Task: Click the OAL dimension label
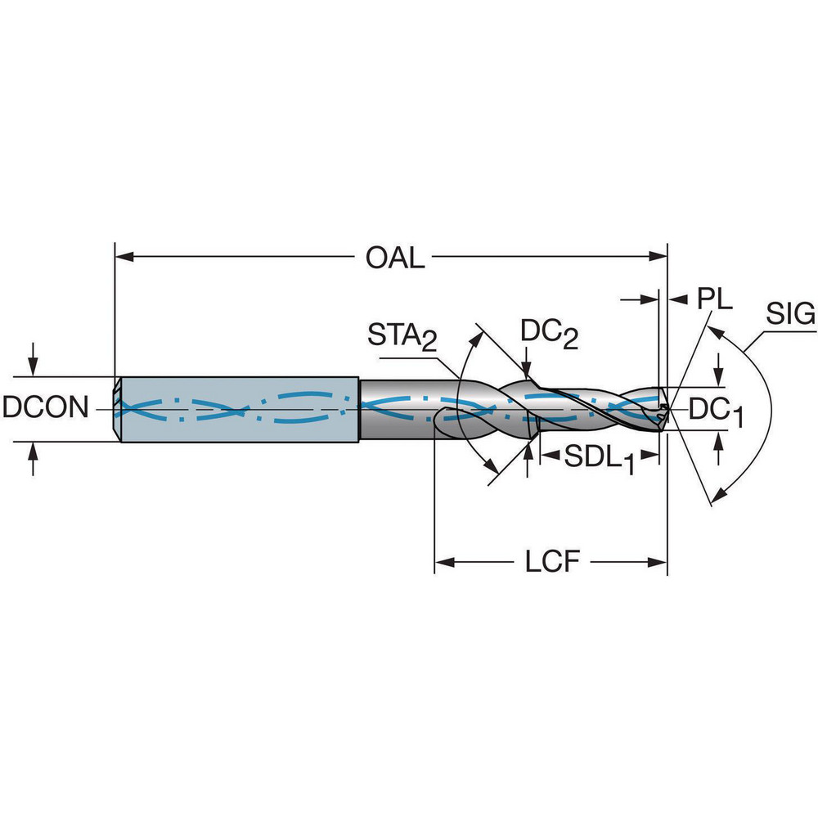tap(395, 258)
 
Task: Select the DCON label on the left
tap(45, 407)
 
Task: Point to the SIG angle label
tap(791, 314)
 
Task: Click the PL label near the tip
tap(714, 299)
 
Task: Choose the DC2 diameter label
tap(550, 332)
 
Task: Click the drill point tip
tap(668, 407)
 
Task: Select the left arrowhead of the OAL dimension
tap(123, 257)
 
